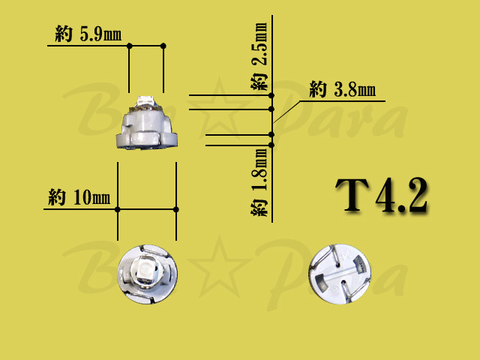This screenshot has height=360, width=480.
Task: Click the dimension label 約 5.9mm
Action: click(x=88, y=33)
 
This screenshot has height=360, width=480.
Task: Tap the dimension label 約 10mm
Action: click(x=79, y=196)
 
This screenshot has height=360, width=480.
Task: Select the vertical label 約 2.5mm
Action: click(x=259, y=56)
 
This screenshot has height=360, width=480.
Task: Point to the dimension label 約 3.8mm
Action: click(x=342, y=90)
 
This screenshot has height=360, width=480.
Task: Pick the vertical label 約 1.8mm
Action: click(x=259, y=183)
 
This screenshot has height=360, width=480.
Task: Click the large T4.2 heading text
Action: click(x=381, y=195)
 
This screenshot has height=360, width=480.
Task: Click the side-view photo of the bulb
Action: click(x=146, y=122)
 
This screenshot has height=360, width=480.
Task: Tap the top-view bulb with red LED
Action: click(x=147, y=274)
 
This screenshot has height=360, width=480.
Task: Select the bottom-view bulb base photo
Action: click(x=340, y=274)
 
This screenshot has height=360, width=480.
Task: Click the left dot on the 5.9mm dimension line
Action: click(x=130, y=46)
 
